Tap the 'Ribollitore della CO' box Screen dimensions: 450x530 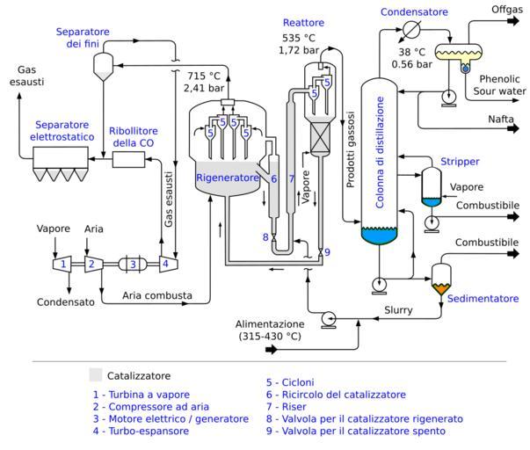click(133, 160)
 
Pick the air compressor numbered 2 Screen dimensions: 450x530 click(90, 263)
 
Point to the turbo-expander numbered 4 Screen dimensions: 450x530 click(164, 263)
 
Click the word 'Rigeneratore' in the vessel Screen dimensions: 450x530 click(227, 178)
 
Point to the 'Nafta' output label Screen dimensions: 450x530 click(501, 119)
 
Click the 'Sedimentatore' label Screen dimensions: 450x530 click(483, 299)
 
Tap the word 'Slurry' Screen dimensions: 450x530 click(399, 309)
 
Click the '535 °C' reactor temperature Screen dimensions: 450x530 click(298, 38)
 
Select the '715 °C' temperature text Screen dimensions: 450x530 click(202, 76)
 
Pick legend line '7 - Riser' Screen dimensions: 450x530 click(294, 407)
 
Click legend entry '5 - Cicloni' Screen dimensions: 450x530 click(298, 382)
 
